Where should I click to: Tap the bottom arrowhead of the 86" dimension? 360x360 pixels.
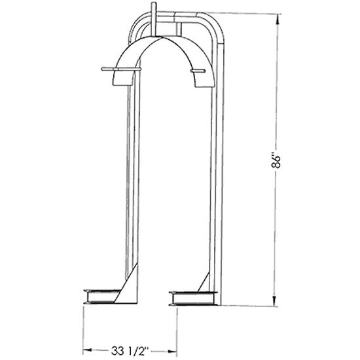[x=276, y=302]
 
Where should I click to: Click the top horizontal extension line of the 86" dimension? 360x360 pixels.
[x=249, y=15]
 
